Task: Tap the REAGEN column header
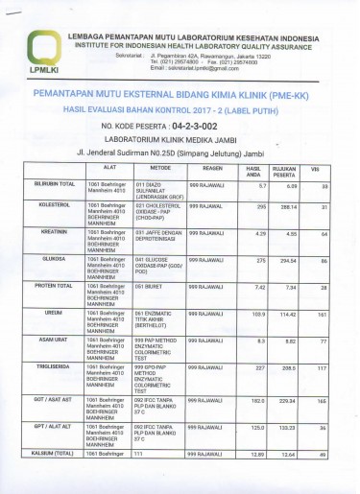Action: tap(212, 168)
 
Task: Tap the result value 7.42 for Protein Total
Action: tap(259, 287)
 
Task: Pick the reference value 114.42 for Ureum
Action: tap(287, 314)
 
